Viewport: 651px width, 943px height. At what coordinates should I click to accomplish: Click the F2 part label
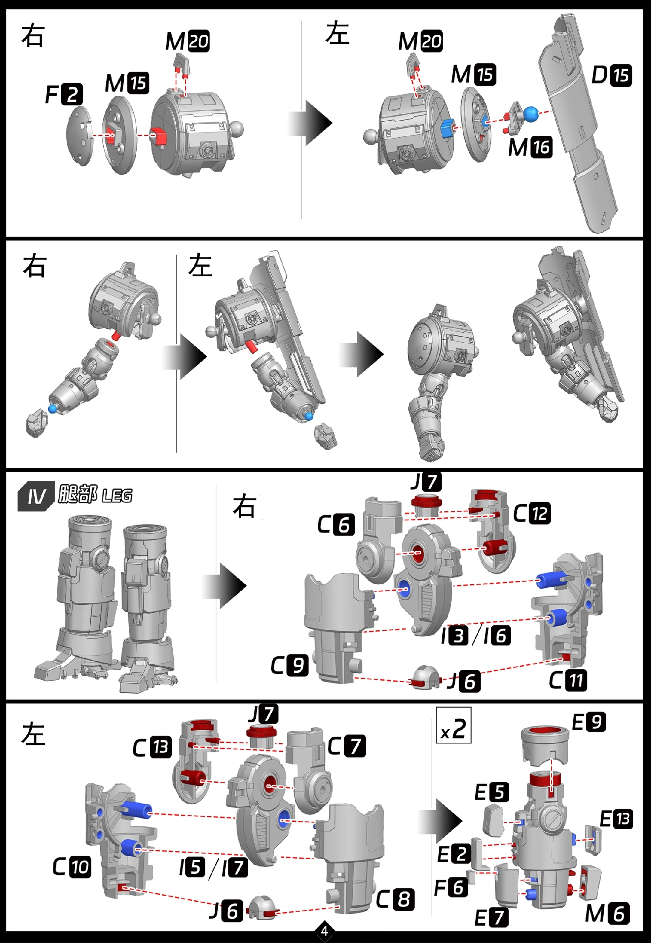click(x=64, y=94)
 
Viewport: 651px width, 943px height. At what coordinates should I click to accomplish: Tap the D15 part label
click(x=612, y=75)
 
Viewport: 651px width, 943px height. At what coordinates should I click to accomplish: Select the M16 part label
click(x=530, y=147)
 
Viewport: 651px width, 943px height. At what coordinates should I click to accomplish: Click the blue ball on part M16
click(x=530, y=114)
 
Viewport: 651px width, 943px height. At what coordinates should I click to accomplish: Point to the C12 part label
click(x=532, y=513)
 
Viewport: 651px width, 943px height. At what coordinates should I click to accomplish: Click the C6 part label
click(x=336, y=525)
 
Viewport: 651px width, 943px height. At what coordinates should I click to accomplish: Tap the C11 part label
click(x=568, y=680)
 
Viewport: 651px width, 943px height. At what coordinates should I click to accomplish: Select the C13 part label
click(x=152, y=748)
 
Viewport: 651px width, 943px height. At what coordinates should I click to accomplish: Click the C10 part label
click(x=72, y=867)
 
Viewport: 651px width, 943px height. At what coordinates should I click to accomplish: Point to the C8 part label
click(x=395, y=900)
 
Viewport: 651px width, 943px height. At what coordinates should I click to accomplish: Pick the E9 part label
click(x=589, y=722)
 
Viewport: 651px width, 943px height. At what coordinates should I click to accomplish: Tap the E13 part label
click(x=616, y=819)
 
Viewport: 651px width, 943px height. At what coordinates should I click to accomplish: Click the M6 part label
click(x=607, y=914)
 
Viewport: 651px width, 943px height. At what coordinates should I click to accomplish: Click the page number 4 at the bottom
click(x=324, y=931)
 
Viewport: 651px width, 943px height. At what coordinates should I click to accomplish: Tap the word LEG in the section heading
click(x=117, y=495)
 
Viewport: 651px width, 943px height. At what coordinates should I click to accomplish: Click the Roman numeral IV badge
click(x=36, y=496)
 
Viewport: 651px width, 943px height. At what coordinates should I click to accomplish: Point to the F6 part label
click(x=451, y=888)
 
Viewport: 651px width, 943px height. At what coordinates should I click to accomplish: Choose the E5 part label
click(x=492, y=792)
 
